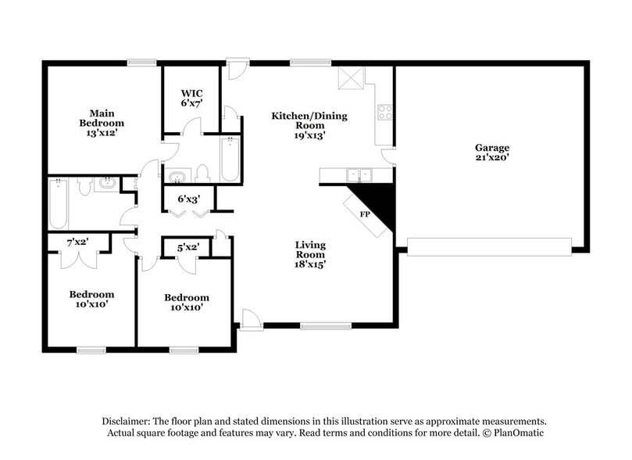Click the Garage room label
(492, 147)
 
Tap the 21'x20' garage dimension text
(492, 157)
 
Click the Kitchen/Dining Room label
(309, 120)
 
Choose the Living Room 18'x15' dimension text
(310, 264)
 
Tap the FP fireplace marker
(364, 213)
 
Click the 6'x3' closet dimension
(187, 199)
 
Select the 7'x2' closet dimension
(77, 242)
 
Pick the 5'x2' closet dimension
(187, 247)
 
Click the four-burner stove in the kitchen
(384, 112)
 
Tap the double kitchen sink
(358, 174)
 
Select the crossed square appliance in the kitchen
(351, 78)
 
